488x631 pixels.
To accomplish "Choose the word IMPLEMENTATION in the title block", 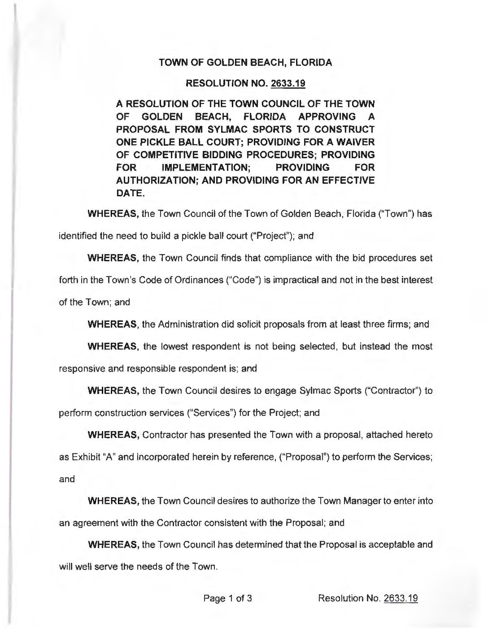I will [205, 168].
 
